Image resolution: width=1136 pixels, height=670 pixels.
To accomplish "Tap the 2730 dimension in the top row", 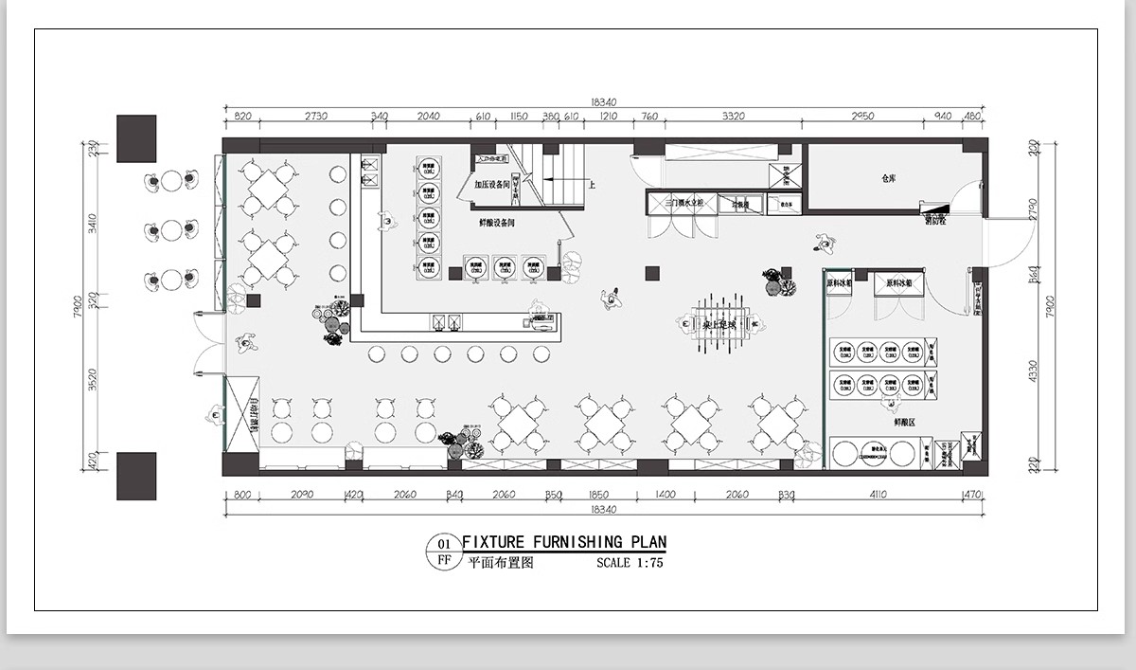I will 315,117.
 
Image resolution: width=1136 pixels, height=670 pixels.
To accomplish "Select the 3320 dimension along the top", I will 733,117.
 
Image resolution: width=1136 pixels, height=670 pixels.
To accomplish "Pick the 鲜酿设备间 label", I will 497,223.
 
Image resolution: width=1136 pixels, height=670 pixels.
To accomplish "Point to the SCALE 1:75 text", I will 630,562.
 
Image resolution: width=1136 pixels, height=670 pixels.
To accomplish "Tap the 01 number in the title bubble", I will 442,544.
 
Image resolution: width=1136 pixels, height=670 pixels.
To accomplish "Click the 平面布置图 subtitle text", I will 502,562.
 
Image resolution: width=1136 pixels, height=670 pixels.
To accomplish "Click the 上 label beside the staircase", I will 592,186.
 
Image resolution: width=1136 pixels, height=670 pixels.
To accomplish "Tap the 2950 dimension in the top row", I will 861,117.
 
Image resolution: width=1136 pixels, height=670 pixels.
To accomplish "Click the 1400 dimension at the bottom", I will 665,495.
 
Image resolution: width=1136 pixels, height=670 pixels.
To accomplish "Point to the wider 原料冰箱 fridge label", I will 897,282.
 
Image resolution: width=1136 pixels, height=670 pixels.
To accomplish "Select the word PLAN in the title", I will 645,542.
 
